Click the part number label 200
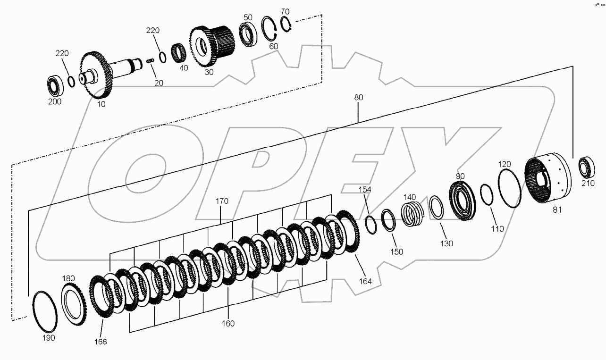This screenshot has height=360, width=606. (x=55, y=101)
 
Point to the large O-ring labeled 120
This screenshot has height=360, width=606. (x=510, y=189)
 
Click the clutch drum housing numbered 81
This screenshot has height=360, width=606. (x=547, y=181)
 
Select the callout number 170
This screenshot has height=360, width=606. (x=222, y=201)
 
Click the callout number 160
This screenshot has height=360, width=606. (x=227, y=324)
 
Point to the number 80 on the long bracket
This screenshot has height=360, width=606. (x=358, y=98)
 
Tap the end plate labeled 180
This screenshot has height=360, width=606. (x=74, y=304)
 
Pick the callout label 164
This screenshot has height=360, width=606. (x=365, y=281)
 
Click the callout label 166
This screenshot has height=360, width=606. (x=100, y=342)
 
